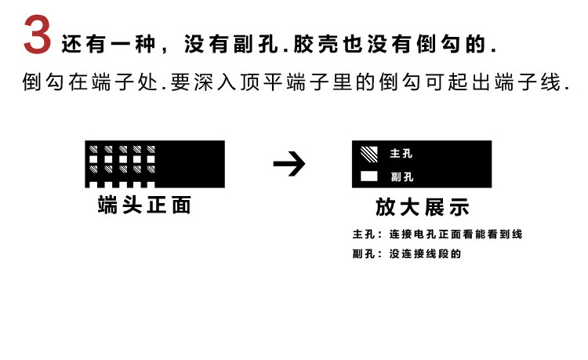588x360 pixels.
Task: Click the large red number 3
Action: (x=37, y=36)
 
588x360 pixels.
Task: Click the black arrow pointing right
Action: (x=289, y=165)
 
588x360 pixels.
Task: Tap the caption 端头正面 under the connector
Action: (x=144, y=205)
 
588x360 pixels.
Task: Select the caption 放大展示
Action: (x=422, y=207)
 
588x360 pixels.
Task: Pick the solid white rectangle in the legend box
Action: (x=368, y=176)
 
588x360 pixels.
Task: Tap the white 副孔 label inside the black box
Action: (x=401, y=176)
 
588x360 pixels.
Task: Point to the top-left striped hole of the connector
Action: (x=93, y=149)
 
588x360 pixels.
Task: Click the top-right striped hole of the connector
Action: (x=150, y=149)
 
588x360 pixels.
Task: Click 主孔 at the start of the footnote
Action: (x=362, y=235)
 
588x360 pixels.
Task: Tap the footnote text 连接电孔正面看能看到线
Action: (x=456, y=235)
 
